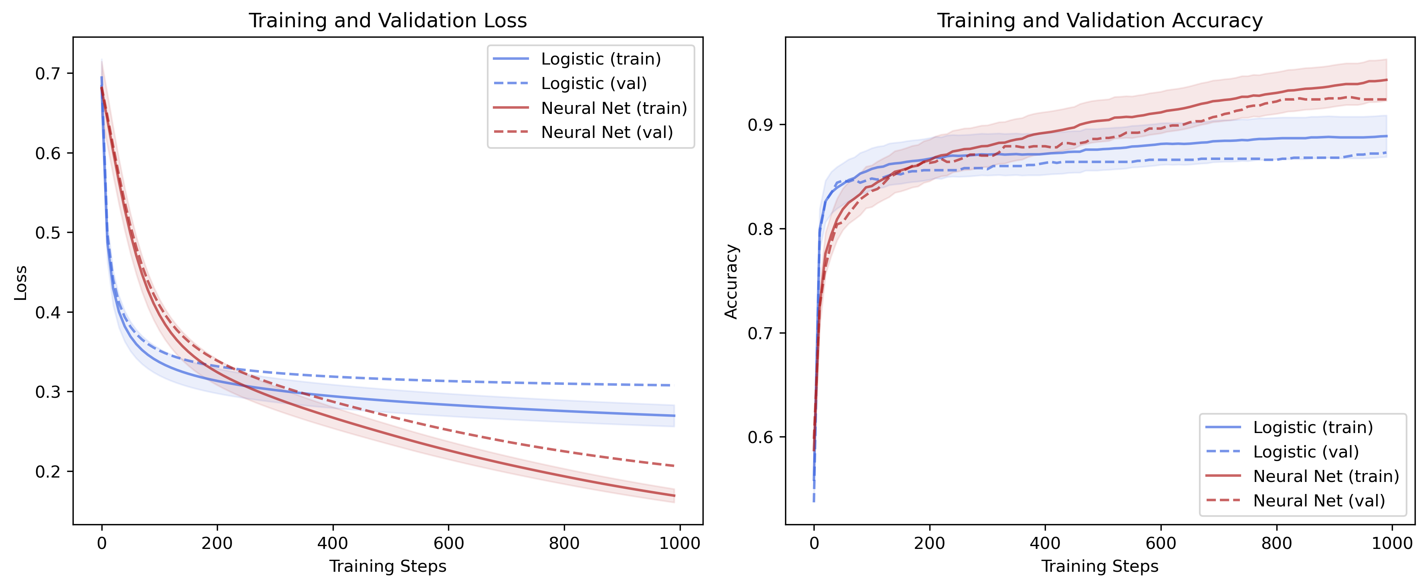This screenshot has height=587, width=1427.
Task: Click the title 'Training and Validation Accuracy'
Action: pos(1100,20)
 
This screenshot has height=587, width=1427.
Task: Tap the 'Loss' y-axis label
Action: pos(20,283)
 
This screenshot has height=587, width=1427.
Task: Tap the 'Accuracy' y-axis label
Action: pos(731,281)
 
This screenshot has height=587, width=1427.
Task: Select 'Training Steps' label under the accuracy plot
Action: pos(1100,567)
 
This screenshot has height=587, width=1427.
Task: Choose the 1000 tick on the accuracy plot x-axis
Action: pos(1392,543)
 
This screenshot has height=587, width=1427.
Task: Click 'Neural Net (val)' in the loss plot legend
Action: pos(607,132)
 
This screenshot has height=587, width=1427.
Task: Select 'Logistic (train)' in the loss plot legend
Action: pos(600,59)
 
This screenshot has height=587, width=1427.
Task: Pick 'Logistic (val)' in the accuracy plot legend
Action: pos(1306,452)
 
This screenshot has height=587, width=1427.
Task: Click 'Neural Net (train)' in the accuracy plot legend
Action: pos(1326,476)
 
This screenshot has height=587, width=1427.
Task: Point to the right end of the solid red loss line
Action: pos(674,496)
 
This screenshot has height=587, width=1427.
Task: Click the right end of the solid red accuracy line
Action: pos(1387,80)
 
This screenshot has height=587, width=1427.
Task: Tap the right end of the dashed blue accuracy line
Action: pos(1387,152)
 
